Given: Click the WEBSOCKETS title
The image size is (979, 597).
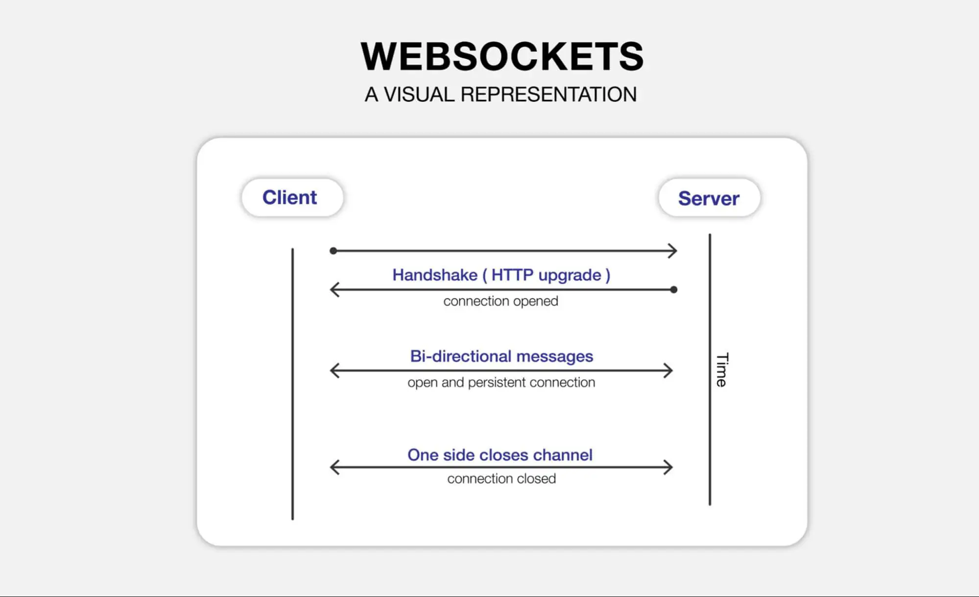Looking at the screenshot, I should tap(501, 56).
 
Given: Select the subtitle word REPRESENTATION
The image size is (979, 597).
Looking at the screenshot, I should tap(549, 95).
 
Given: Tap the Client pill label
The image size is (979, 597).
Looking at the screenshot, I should tap(289, 197).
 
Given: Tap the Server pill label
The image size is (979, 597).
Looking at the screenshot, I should tap(708, 198).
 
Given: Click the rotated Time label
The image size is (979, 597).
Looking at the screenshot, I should tap(721, 370).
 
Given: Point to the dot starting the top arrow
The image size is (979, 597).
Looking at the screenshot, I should tap(333, 251).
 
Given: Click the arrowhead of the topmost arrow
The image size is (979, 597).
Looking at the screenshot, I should tap(674, 251).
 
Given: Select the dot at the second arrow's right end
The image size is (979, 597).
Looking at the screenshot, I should tap(674, 289).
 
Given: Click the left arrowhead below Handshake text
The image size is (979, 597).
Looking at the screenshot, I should tap(334, 289).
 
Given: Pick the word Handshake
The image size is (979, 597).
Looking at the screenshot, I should tap(434, 275).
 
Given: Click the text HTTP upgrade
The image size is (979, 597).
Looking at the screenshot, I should tap(546, 275).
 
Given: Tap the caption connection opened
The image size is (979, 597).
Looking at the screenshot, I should tap(501, 301).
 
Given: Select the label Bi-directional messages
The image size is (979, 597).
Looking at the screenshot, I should tap(501, 356).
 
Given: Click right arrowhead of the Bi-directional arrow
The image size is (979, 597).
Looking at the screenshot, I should tap(669, 371).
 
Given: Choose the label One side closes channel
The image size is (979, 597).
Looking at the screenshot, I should tap(500, 455).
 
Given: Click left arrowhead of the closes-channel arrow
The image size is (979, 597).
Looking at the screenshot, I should tap(334, 467).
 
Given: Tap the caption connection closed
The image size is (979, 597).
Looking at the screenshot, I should tap(501, 478).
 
